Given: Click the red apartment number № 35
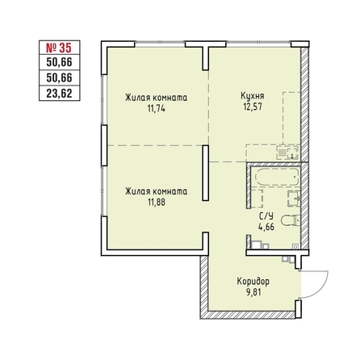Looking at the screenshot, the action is click(x=59, y=48).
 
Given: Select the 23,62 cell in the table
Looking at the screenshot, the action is click(x=60, y=94).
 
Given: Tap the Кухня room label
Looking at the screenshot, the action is click(x=253, y=96).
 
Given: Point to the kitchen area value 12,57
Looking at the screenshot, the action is click(x=253, y=107).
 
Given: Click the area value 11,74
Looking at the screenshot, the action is click(x=156, y=108).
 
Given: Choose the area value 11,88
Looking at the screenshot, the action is click(x=157, y=202).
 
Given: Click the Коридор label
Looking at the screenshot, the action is click(x=253, y=282).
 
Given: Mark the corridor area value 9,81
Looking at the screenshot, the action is click(x=253, y=292).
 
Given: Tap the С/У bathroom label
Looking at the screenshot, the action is click(x=266, y=216).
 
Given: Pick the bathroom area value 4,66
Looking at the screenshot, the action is click(x=266, y=227).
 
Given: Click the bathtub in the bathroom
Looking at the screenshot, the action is click(x=277, y=177).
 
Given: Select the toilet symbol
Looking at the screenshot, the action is click(x=291, y=220).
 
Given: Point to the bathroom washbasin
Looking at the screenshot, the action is click(x=294, y=199).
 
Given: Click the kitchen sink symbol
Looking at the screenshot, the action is click(x=287, y=153).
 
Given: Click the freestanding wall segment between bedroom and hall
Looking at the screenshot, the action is click(x=206, y=173).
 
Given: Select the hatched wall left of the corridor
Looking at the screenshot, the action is click(x=204, y=287).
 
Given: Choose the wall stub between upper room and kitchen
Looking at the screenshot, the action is click(x=206, y=59).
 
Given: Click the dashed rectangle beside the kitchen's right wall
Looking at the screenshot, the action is click(x=291, y=118).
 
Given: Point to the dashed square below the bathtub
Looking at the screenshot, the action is click(x=257, y=199).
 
